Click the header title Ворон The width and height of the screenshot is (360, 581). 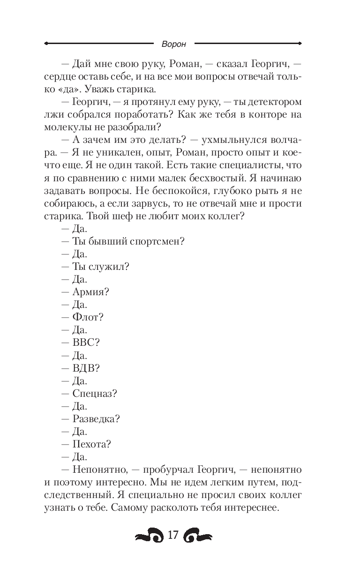[173, 44]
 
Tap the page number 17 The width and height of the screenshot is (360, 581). [173, 536]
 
